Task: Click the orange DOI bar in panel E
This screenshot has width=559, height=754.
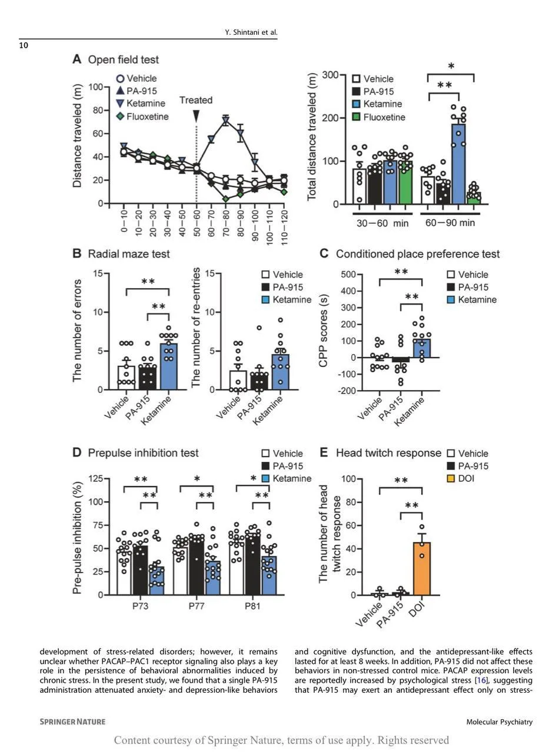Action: pyautogui.click(x=422, y=568)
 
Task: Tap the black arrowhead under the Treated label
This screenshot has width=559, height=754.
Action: pyautogui.click(x=196, y=116)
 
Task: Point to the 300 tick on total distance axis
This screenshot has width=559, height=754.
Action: pyautogui.click(x=330, y=75)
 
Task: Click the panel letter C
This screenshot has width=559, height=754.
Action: pyautogui.click(x=324, y=254)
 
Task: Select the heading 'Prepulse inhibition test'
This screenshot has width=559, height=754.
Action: pyautogui.click(x=143, y=453)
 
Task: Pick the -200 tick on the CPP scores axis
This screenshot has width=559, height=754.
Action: pyautogui.click(x=345, y=391)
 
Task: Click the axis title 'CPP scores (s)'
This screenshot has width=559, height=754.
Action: pyautogui.click(x=323, y=332)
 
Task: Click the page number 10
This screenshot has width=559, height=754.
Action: pyautogui.click(x=24, y=45)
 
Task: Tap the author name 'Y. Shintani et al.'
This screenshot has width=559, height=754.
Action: pyautogui.click(x=251, y=32)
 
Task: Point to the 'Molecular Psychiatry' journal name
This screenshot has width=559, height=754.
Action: pyautogui.click(x=499, y=722)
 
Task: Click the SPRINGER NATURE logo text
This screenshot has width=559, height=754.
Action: pyautogui.click(x=72, y=722)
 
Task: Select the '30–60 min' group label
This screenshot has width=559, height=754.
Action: pyautogui.click(x=382, y=223)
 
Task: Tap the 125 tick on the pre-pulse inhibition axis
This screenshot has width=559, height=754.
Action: pyautogui.click(x=94, y=479)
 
